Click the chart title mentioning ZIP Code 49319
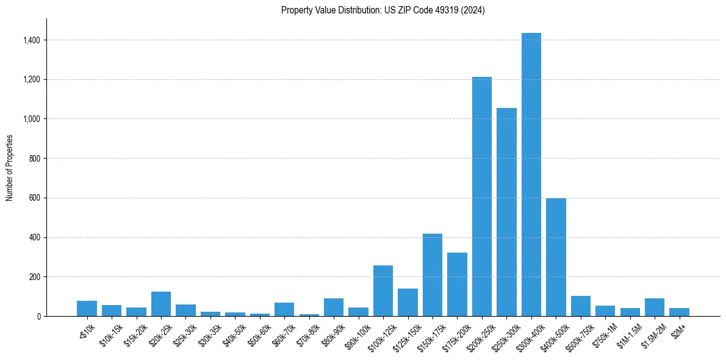coord(383,10)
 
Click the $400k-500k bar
coord(556,257)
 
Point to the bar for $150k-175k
coord(432,275)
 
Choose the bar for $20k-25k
coord(160,304)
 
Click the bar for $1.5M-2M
coord(654,307)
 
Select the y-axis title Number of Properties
coord(10,167)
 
